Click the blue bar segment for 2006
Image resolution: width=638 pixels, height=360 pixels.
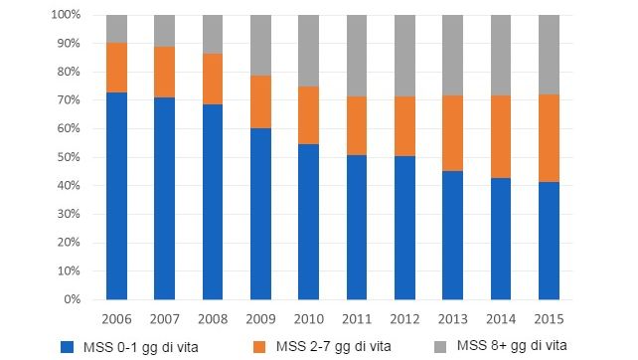click(117, 195)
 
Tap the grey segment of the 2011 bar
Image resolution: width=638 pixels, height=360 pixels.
click(358, 56)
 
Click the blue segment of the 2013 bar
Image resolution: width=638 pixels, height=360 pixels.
click(453, 235)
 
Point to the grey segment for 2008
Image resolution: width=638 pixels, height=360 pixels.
click(214, 34)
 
